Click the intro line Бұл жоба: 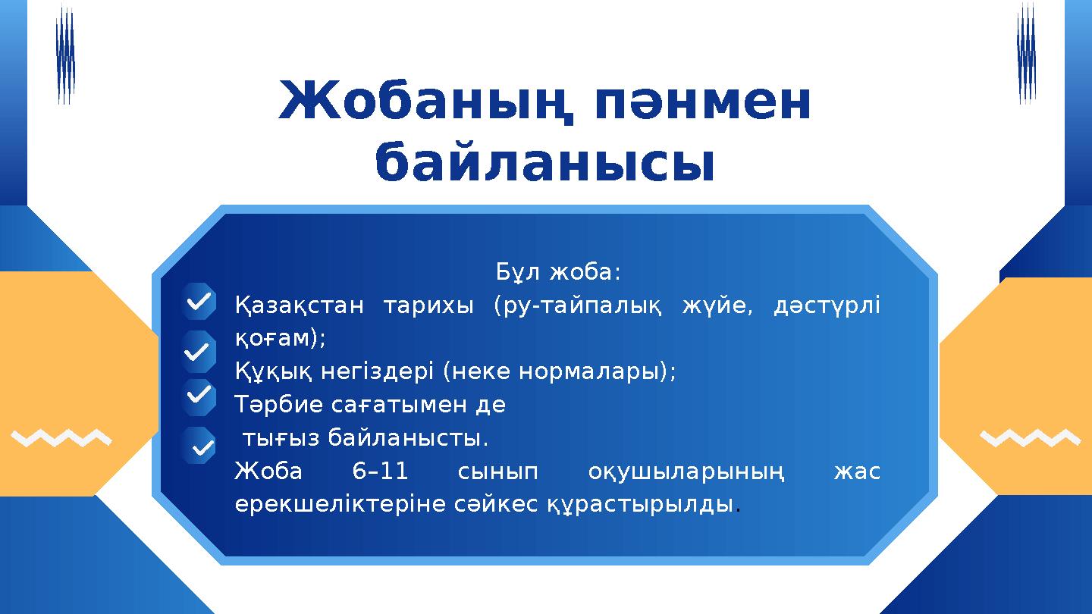558,271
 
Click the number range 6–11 381,471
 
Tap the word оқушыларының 686,471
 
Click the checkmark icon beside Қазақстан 199,302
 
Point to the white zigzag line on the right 1029,438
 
